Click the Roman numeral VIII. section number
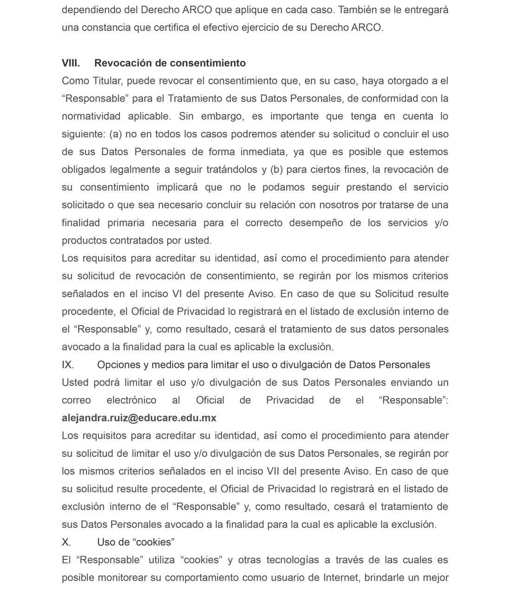pyautogui.click(x=71, y=63)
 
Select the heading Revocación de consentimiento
pyautogui.click(x=170, y=63)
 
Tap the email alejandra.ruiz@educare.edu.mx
pyautogui.click(x=139, y=418)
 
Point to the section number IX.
pyautogui.click(x=68, y=365)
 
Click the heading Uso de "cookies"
pyautogui.click(x=136, y=542)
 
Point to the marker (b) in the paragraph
pyautogui.click(x=276, y=170)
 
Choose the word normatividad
pyautogui.click(x=91, y=116)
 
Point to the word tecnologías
pyautogui.click(x=292, y=560)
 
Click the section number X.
pyautogui.click(x=66, y=542)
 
